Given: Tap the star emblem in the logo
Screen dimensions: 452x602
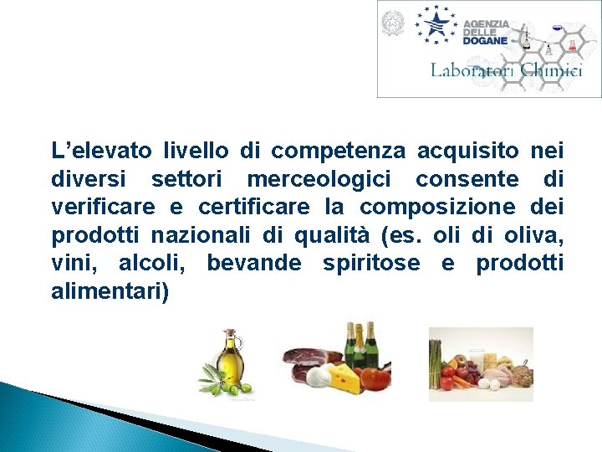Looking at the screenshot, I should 437,24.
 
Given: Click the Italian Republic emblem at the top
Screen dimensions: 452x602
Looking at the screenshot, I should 392,23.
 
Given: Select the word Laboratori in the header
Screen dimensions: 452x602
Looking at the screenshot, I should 470,71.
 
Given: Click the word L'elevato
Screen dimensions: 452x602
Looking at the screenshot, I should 101,152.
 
